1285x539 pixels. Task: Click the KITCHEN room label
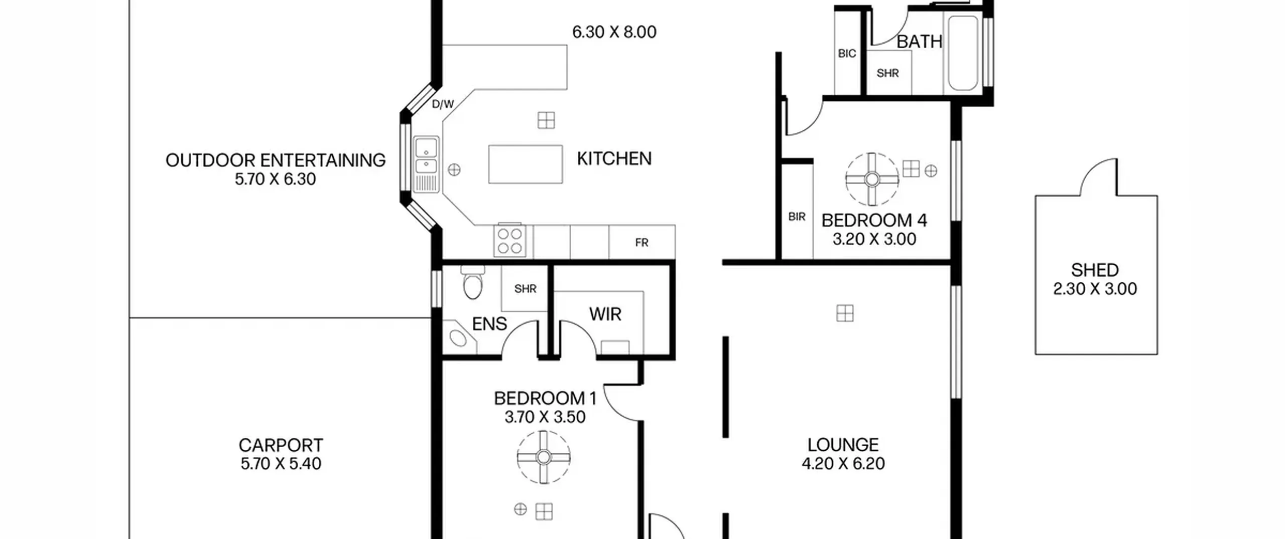click(614, 159)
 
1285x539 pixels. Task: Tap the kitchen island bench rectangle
click(526, 164)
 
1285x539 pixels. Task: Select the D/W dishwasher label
click(443, 104)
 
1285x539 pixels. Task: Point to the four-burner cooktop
click(509, 241)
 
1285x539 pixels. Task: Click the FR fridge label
click(641, 243)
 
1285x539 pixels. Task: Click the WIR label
click(605, 314)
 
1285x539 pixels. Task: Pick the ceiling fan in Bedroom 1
click(544, 457)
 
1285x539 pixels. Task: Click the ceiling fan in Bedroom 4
click(872, 179)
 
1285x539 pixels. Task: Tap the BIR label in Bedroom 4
click(797, 217)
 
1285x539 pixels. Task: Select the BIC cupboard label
click(847, 54)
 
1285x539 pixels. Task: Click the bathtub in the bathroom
click(963, 53)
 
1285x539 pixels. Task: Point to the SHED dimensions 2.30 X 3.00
click(1095, 289)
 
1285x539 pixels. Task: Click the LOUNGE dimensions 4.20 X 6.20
click(843, 463)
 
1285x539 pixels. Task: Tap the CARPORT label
click(281, 445)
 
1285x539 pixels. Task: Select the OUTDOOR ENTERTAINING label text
click(276, 160)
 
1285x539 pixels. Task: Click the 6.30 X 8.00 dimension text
click(614, 32)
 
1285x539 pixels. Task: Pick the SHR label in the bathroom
click(887, 73)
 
